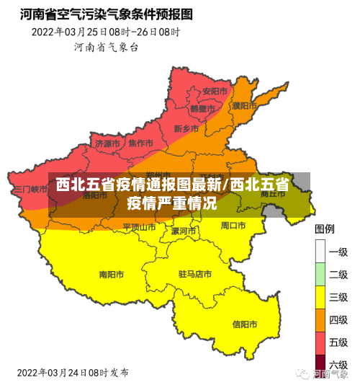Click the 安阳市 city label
point(215,92)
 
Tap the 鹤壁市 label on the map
point(202,109)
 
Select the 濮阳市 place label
point(244,105)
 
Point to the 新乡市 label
point(186,128)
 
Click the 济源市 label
point(108,143)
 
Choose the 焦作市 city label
point(140,143)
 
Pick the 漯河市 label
point(184,231)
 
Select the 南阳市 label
point(112,274)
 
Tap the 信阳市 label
point(246,324)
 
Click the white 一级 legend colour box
point(321,252)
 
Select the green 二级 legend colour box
point(321,275)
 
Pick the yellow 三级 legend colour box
point(321,297)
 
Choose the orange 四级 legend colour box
point(321,320)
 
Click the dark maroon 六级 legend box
point(321,365)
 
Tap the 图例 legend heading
point(325,229)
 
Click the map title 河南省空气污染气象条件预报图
point(107,13)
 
